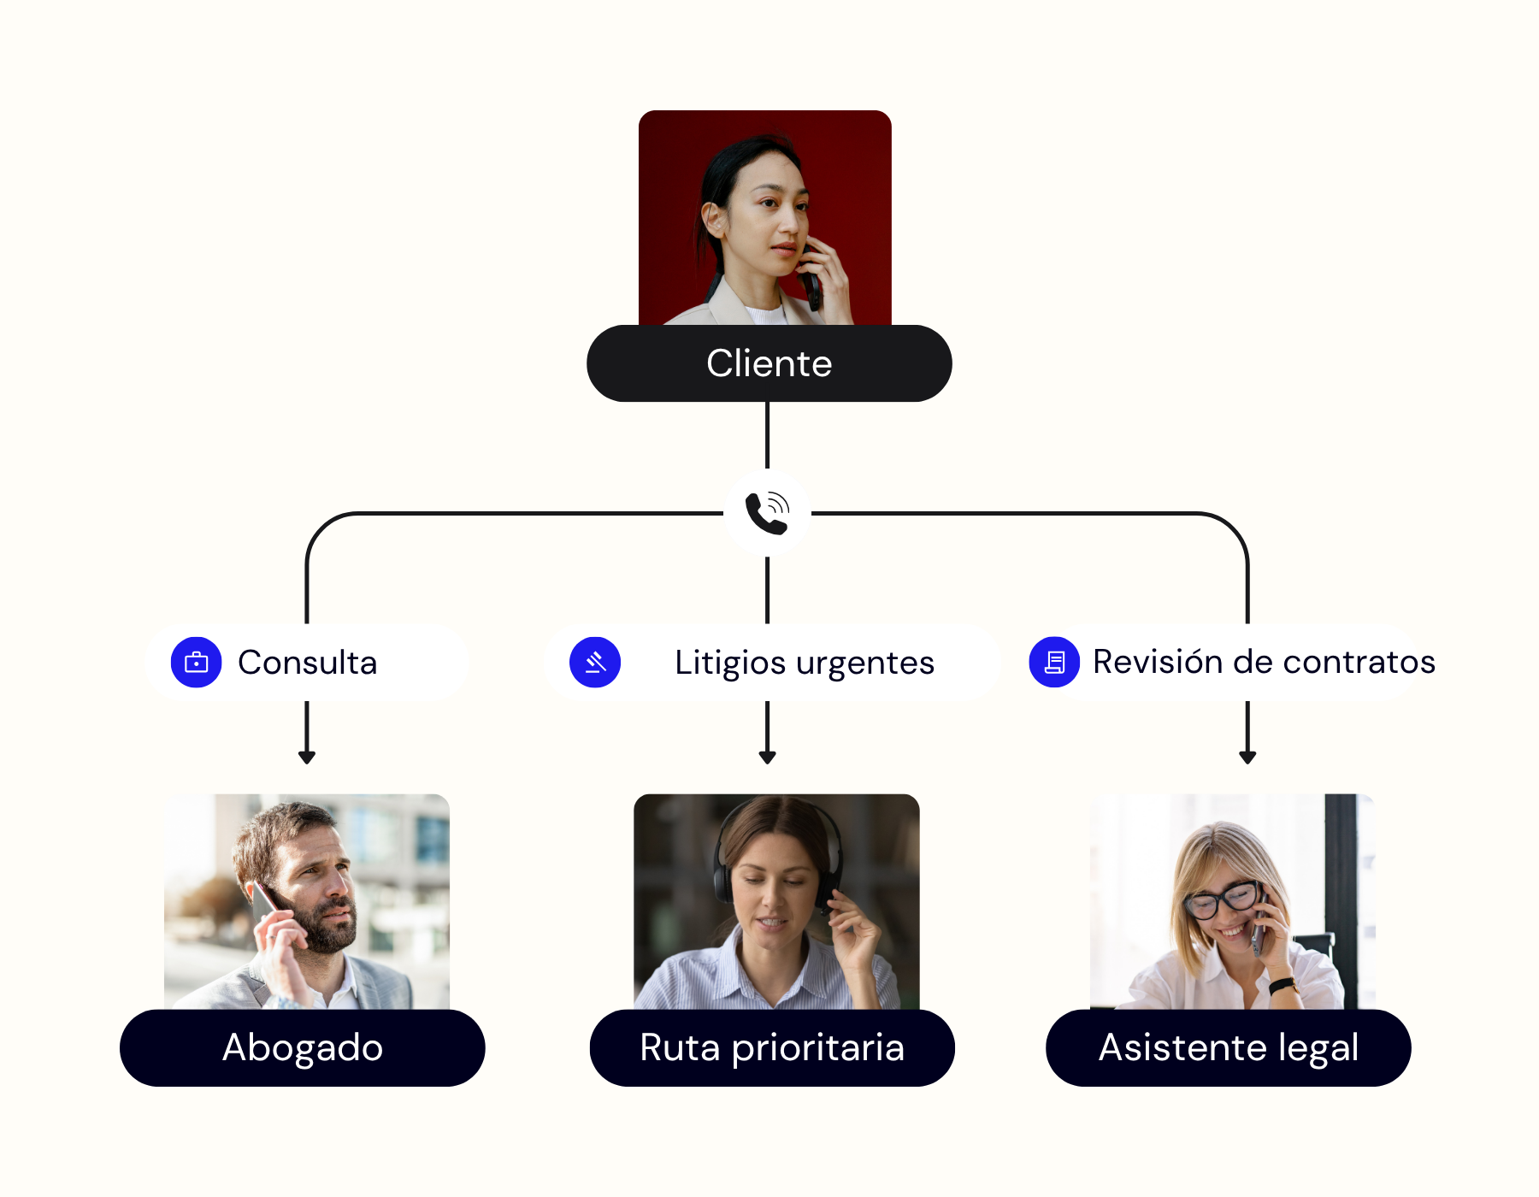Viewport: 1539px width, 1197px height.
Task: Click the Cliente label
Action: tap(769, 363)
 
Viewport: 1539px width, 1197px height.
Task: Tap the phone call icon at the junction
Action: tap(767, 513)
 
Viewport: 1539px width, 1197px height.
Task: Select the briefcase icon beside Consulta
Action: tap(197, 662)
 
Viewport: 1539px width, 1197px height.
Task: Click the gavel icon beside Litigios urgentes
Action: tap(595, 662)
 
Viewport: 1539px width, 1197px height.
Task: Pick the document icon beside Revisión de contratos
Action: tap(1054, 662)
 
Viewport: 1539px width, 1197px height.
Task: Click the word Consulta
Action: tap(307, 663)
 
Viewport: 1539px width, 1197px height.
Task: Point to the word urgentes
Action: tap(864, 663)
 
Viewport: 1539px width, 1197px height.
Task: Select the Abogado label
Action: tap(302, 1047)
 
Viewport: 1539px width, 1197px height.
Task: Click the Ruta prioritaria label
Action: tap(771, 1047)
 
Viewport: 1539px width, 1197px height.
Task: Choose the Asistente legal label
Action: tap(1228, 1047)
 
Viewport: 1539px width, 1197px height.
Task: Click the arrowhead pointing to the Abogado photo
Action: tap(307, 757)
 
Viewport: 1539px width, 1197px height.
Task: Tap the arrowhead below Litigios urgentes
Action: tap(768, 757)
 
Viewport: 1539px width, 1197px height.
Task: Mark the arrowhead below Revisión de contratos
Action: tap(1247, 757)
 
